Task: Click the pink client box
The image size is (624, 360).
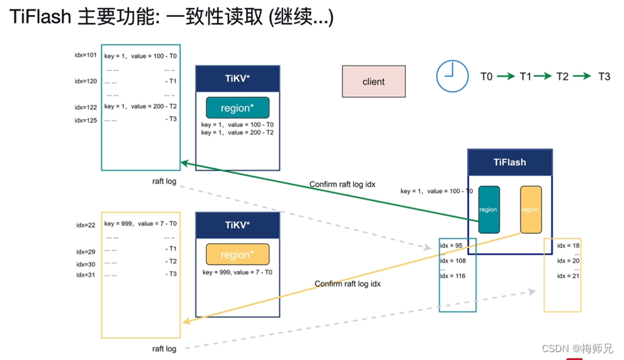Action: [373, 81]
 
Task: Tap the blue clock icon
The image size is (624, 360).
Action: [452, 76]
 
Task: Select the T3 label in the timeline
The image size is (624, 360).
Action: [603, 76]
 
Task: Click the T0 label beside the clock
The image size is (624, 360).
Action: [486, 76]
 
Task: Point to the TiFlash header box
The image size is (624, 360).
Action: [509, 162]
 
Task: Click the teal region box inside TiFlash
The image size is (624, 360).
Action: [489, 210]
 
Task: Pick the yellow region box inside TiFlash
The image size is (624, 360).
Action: [531, 210]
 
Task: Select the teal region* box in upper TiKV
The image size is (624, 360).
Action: [237, 108]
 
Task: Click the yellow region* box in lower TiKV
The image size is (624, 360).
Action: [237, 254]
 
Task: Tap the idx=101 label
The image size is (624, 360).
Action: [86, 55]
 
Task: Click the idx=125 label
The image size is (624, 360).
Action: [86, 120]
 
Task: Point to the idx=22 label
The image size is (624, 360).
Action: [86, 225]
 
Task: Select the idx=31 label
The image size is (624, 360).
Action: [86, 274]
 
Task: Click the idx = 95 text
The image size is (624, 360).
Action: [451, 246]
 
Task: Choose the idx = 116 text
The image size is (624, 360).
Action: [452, 276]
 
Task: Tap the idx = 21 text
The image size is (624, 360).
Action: [569, 276]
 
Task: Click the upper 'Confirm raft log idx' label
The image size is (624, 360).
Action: [342, 185]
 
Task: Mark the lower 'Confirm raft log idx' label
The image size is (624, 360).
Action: [348, 284]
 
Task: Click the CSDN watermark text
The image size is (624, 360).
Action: [577, 349]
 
